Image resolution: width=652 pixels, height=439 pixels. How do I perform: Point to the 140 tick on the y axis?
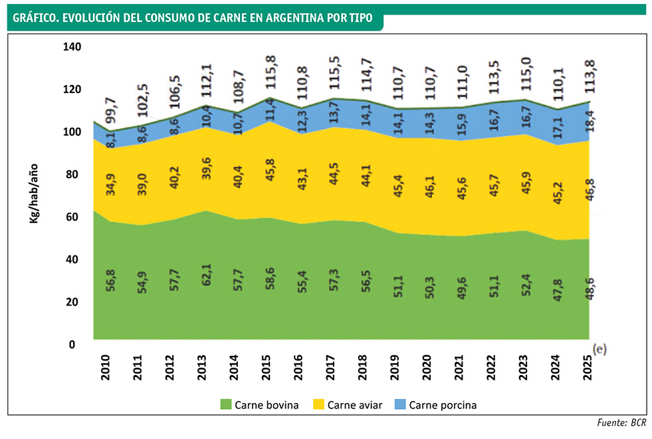tap(71, 47)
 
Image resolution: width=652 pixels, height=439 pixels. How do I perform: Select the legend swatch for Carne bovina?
tap(225, 404)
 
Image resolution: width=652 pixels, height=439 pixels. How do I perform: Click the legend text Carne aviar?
tap(355, 404)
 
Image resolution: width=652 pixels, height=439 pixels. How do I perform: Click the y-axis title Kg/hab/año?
tap(34, 192)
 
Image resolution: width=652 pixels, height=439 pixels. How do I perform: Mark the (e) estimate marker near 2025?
tap(599, 349)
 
